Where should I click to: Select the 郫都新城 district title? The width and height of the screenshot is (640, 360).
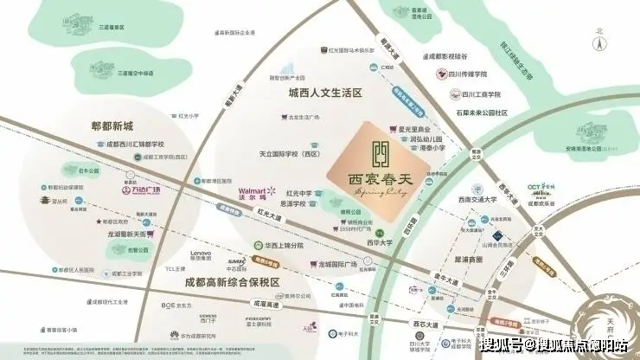(120, 125)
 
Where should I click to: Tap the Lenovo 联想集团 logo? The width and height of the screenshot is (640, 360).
(201, 255)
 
